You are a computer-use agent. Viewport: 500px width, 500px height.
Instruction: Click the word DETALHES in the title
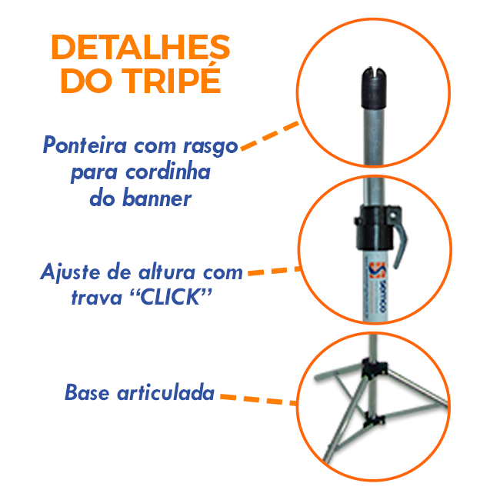point(140,47)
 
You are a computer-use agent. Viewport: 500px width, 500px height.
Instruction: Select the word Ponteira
point(85,145)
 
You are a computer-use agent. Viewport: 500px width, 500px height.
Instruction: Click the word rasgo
point(211,147)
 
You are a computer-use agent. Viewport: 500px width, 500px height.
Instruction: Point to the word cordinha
point(168,172)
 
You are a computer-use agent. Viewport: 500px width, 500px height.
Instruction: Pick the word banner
point(157,198)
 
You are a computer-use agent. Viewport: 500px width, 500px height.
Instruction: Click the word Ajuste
point(70,273)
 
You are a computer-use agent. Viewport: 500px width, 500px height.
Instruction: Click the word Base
point(87,392)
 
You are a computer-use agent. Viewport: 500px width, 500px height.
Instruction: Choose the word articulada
point(166,392)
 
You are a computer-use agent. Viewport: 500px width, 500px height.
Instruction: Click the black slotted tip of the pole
point(374,88)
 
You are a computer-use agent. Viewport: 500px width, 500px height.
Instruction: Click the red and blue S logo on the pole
point(377,270)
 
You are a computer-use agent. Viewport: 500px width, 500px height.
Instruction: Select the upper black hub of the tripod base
point(375,369)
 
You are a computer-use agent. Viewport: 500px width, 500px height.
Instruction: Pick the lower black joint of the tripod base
point(374,419)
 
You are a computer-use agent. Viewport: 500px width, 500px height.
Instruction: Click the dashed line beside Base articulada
point(258,400)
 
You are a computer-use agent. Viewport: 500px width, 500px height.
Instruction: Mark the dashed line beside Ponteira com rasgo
point(270,135)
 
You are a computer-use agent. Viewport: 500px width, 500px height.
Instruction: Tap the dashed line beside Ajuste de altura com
point(275,271)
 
